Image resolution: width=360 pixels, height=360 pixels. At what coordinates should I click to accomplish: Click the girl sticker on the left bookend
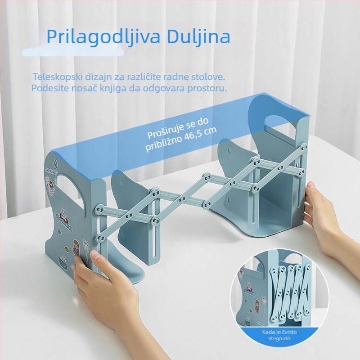[78, 250]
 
